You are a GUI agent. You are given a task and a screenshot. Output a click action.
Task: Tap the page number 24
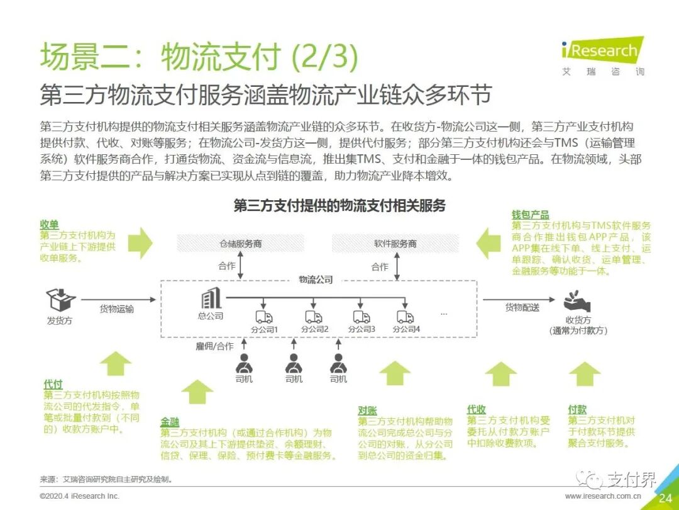click(x=666, y=498)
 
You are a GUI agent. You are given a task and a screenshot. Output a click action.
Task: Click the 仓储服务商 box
click(x=240, y=243)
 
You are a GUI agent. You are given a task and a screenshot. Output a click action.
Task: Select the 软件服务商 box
click(x=395, y=243)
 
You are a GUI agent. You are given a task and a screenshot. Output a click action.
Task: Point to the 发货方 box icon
click(x=60, y=300)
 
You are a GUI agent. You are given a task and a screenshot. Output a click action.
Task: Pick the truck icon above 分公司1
click(x=263, y=317)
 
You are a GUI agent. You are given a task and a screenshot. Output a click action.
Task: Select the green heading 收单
click(x=50, y=225)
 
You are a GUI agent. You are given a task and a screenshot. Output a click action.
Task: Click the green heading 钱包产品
click(x=530, y=215)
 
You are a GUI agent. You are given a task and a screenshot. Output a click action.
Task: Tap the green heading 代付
click(x=53, y=384)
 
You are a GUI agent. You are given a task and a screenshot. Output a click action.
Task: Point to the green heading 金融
click(x=170, y=422)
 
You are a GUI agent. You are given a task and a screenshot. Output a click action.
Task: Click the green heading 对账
click(x=368, y=411)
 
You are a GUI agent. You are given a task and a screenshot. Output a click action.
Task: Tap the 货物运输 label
click(x=117, y=309)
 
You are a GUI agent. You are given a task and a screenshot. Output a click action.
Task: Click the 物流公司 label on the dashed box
click(x=316, y=280)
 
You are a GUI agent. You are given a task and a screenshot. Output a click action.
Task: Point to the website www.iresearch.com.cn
click(x=603, y=496)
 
